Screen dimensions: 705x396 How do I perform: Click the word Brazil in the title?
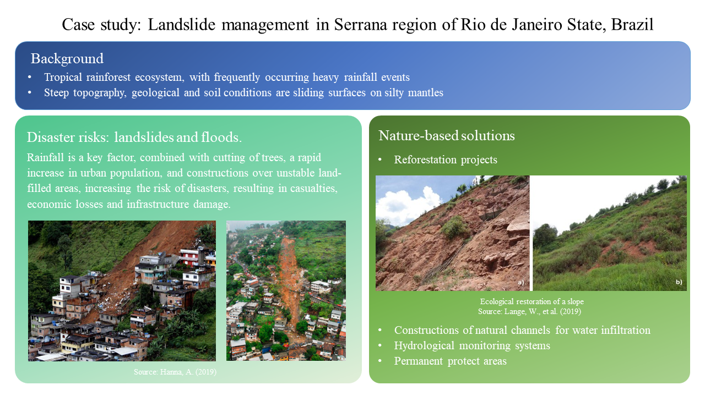click(632, 25)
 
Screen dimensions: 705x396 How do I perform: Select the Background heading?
click(67, 59)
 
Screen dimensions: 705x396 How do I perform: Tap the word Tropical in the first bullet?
click(63, 78)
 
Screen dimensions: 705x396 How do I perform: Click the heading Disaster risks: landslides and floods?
click(134, 137)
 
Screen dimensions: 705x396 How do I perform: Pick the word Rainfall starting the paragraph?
click(45, 157)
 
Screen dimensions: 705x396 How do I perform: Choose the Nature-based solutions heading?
click(447, 136)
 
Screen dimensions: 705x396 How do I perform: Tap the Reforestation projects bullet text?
click(446, 159)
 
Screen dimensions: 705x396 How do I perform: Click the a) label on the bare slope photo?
click(521, 282)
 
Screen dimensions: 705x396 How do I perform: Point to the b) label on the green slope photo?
click(679, 282)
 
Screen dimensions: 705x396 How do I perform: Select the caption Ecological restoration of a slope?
click(532, 302)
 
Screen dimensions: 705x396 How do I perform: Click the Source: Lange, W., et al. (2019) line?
click(530, 311)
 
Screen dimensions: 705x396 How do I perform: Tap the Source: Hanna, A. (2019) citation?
click(175, 372)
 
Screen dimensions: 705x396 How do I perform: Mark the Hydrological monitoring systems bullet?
click(472, 346)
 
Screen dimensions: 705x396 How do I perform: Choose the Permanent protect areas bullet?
click(451, 361)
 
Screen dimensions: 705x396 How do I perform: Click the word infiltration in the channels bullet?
click(625, 330)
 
